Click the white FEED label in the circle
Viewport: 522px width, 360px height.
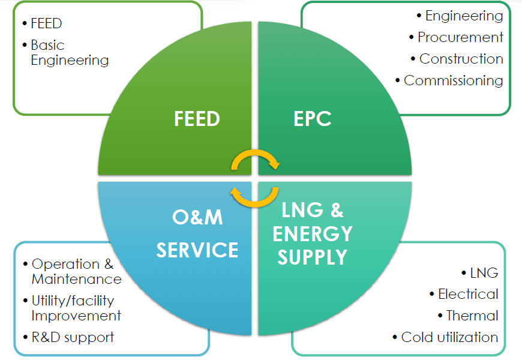pyautogui.click(x=197, y=119)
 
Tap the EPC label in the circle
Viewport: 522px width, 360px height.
pyautogui.click(x=313, y=119)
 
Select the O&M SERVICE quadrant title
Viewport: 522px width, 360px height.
pyautogui.click(x=197, y=233)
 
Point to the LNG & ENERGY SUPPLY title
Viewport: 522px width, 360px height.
pyautogui.click(x=313, y=233)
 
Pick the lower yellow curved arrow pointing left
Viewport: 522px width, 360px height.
pyautogui.click(x=256, y=196)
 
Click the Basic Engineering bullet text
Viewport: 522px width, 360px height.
pyautogui.click(x=70, y=53)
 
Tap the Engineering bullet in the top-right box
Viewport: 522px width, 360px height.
pyautogui.click(x=464, y=16)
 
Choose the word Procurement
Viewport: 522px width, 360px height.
pyautogui.click(x=460, y=37)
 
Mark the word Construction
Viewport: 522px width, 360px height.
pyautogui.click(x=461, y=59)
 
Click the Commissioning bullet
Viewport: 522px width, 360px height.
pyautogui.click(x=453, y=80)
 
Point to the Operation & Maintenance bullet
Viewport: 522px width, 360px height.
pyautogui.click(x=76, y=271)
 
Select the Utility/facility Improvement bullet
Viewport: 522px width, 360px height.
pyautogui.click(x=76, y=308)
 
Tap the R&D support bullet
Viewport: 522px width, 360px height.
pyautogui.click(x=73, y=337)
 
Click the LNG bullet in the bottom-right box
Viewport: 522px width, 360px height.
pyautogui.click(x=484, y=273)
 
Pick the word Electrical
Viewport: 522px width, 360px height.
pyautogui.click(x=468, y=294)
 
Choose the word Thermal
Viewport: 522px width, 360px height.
pyautogui.click(x=472, y=316)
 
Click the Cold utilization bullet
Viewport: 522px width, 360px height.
pyautogui.click(x=449, y=337)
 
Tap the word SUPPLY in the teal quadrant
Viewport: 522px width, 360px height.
pyautogui.click(x=313, y=257)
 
